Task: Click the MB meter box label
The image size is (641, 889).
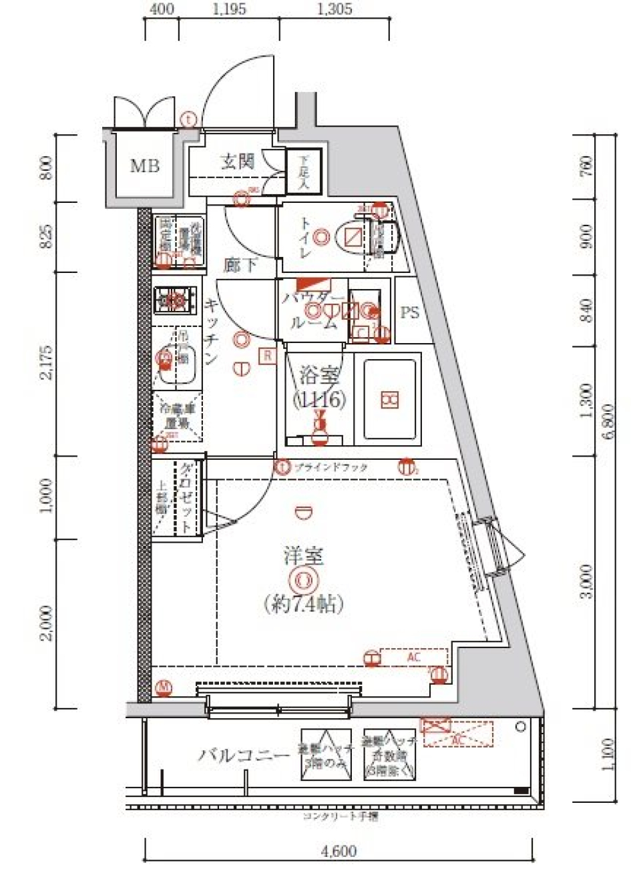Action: (x=144, y=166)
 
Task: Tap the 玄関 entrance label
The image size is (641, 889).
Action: (x=238, y=162)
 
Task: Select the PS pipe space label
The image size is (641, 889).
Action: (x=409, y=312)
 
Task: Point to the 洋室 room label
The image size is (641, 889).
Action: (x=304, y=555)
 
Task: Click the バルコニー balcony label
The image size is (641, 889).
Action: (x=244, y=756)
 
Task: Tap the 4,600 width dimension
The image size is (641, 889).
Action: (x=339, y=852)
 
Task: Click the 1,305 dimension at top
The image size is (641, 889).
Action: (x=334, y=9)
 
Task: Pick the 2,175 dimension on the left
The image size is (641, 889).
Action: (x=46, y=362)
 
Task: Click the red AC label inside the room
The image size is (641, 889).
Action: (x=414, y=657)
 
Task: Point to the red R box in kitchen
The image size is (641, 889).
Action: (x=267, y=356)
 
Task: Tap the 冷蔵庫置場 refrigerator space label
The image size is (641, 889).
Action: (x=178, y=416)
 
